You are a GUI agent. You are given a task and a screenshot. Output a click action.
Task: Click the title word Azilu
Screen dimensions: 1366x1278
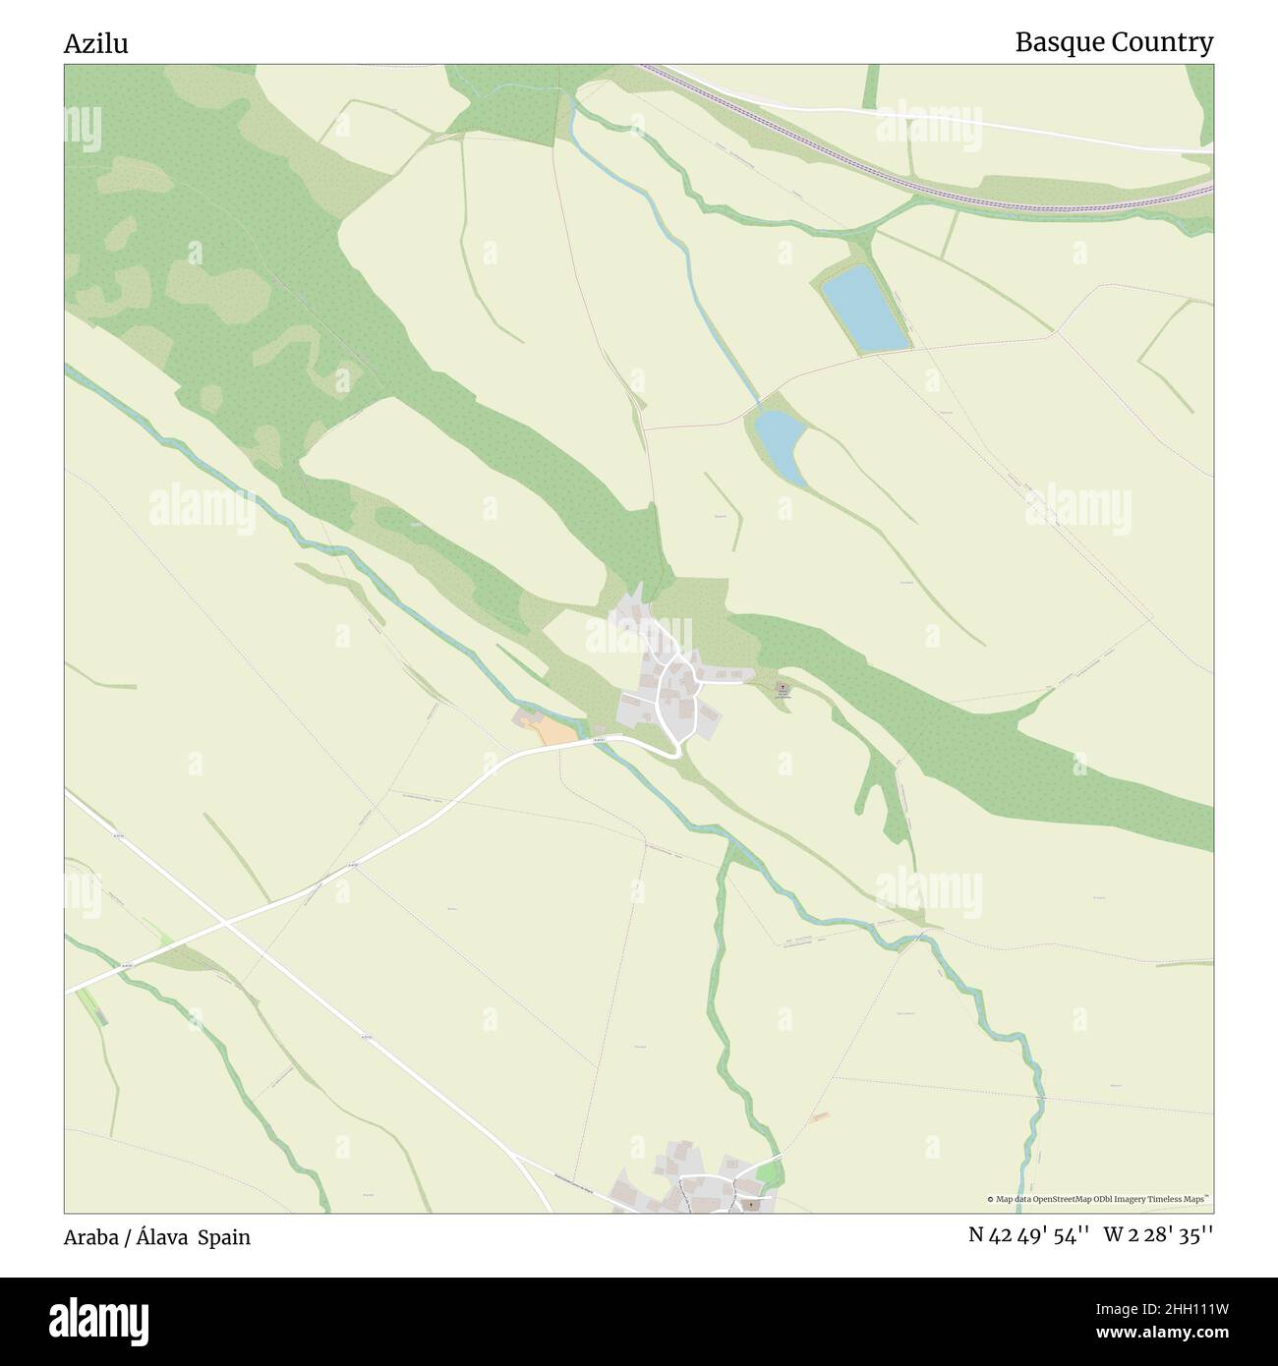click(x=96, y=44)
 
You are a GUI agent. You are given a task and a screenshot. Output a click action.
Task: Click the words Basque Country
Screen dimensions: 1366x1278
click(x=1114, y=43)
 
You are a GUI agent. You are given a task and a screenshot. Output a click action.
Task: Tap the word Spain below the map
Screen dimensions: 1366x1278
click(x=224, y=1237)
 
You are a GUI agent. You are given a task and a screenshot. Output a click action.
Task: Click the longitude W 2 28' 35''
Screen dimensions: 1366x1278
click(x=1158, y=1235)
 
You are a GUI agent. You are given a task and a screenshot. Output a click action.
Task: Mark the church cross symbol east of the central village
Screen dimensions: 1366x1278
click(x=783, y=687)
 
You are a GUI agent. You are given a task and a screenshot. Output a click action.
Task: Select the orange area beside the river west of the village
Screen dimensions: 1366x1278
click(x=552, y=730)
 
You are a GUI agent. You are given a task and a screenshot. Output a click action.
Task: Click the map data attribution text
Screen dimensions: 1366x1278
click(x=1098, y=1199)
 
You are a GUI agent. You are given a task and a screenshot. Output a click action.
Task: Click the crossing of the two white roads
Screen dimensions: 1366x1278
click(x=225, y=924)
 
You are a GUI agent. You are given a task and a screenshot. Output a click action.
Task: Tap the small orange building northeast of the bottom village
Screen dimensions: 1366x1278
click(x=820, y=1116)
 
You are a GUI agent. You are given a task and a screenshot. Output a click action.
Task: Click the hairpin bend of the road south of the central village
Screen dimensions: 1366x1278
click(x=673, y=752)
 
